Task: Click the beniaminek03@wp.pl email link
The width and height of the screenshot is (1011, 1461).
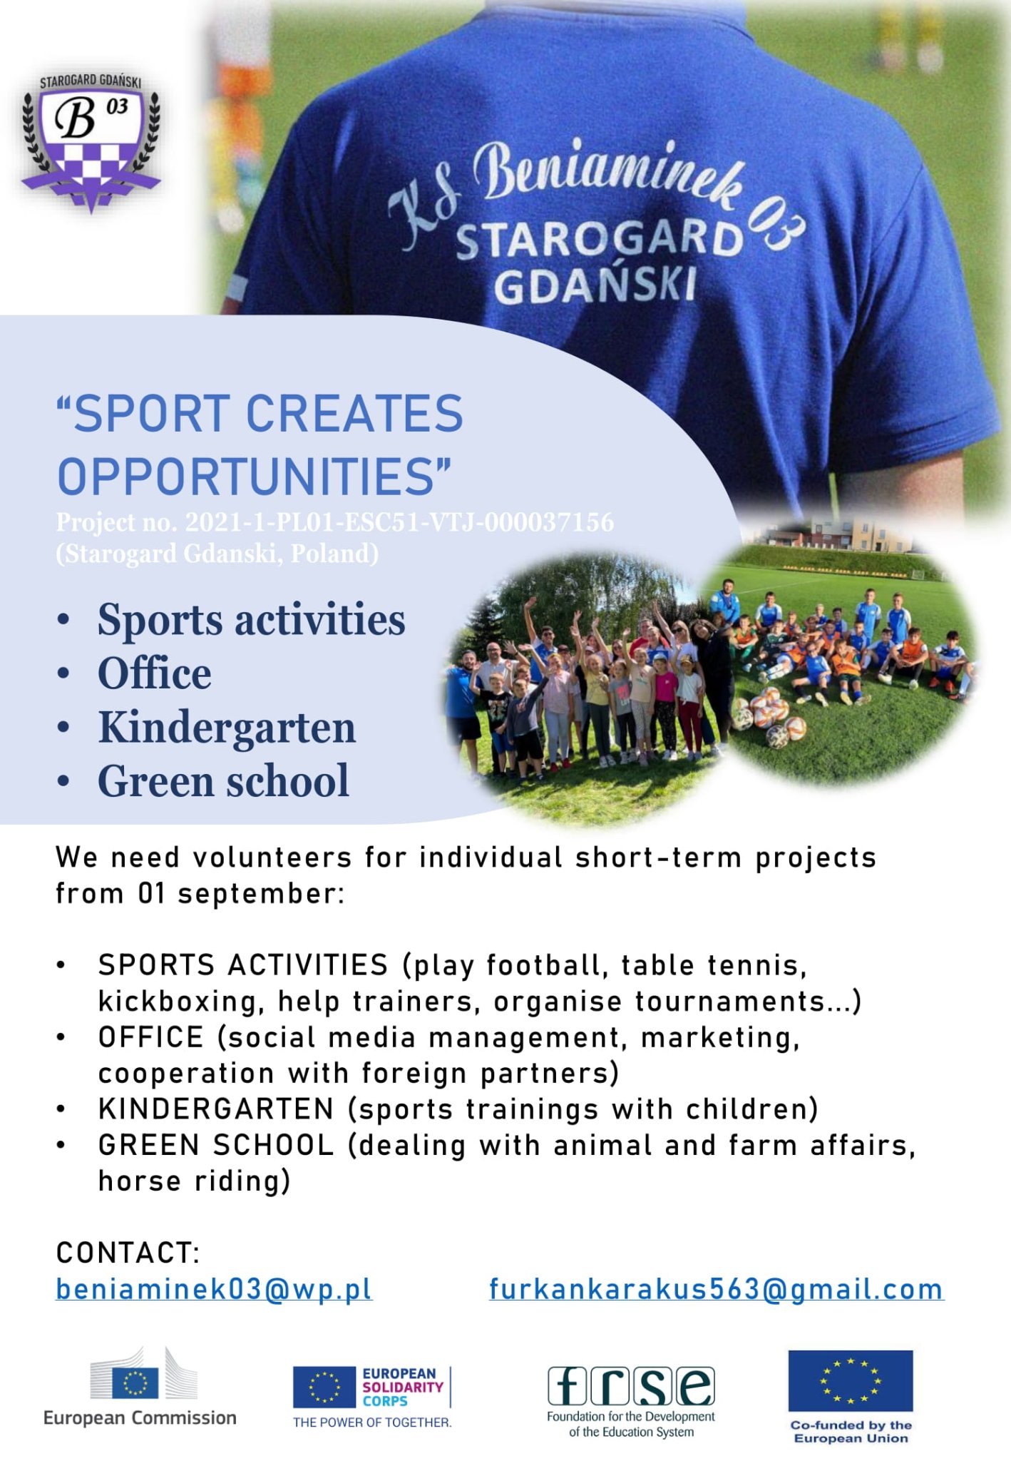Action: tap(214, 1289)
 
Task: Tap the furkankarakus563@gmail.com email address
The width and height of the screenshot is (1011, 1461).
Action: tap(717, 1289)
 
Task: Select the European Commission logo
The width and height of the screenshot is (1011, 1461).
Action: tap(140, 1387)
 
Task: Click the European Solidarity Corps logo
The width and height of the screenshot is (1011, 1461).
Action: tap(372, 1397)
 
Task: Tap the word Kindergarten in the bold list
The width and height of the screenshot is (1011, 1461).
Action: tap(227, 728)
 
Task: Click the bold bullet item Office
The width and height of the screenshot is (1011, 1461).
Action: tap(155, 673)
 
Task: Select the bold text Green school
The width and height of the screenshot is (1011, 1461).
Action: tap(224, 781)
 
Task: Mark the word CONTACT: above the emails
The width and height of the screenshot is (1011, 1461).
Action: tap(128, 1253)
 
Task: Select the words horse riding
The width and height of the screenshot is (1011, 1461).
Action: tap(194, 1181)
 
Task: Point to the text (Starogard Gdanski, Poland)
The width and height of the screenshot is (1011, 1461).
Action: tap(217, 554)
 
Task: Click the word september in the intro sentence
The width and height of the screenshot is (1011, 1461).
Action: tap(261, 894)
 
